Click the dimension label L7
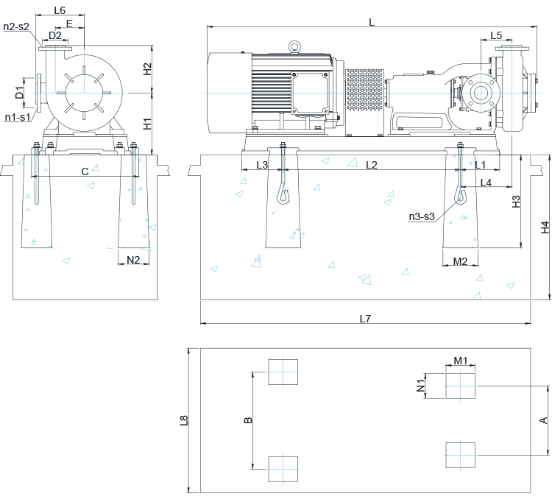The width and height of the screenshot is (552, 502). click(365, 319)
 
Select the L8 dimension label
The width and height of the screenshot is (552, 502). click(184, 421)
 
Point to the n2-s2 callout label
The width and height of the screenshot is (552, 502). click(16, 26)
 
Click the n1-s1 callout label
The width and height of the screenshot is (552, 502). click(17, 117)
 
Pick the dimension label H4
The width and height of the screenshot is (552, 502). click(545, 227)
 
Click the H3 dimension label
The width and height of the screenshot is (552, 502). click(516, 201)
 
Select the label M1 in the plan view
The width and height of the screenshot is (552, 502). click(461, 361)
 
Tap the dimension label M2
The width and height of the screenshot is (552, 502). click(460, 261)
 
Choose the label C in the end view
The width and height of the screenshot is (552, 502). click(85, 172)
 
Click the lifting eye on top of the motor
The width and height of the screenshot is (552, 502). click(294, 47)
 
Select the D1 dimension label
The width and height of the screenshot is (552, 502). click(21, 93)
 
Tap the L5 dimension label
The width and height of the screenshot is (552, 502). click(496, 35)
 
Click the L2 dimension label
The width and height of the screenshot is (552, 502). click(372, 165)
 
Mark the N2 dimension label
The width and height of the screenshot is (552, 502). click(133, 260)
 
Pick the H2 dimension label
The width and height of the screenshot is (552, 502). click(147, 68)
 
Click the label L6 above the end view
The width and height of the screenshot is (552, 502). click(60, 10)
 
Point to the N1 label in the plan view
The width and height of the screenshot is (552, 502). click(421, 385)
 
